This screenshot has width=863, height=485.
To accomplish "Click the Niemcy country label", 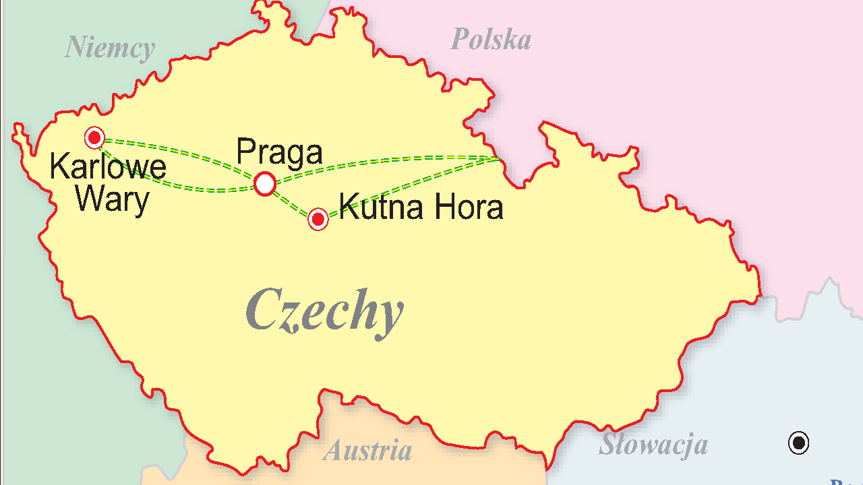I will (109, 48).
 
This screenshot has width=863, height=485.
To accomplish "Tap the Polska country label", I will (490, 40).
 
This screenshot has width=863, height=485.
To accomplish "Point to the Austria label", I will (367, 451).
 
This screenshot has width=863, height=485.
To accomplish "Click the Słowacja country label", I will (653, 445).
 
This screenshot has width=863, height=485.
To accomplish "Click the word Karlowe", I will (108, 167).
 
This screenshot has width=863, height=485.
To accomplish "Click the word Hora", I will (469, 207).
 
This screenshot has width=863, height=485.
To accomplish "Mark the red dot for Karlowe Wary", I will (94, 138).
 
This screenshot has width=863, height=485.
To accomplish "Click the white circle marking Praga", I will (265, 183).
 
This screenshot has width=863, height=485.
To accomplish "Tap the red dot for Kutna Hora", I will (318, 219).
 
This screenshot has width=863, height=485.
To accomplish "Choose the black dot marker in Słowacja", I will (798, 443).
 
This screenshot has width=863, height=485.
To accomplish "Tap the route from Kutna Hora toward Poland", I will (411, 186).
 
